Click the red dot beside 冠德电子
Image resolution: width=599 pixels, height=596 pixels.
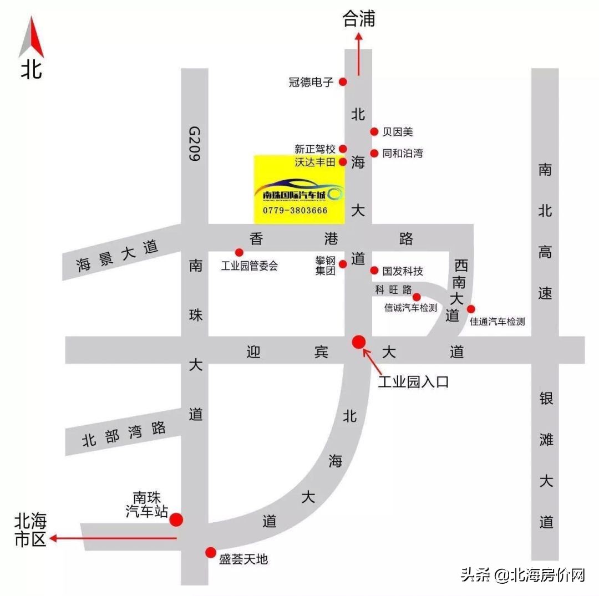(343, 81)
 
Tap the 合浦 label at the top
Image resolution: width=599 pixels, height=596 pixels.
(359, 19)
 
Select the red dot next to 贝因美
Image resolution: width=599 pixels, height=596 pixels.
(374, 131)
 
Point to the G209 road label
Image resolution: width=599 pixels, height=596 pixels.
(194, 143)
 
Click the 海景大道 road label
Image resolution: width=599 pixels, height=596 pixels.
(118, 256)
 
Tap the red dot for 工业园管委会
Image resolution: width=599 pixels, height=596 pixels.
(239, 252)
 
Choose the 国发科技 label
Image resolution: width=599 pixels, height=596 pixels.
(403, 271)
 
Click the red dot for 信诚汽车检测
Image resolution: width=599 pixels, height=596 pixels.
(417, 297)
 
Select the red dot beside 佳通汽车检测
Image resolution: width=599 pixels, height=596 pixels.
(471, 309)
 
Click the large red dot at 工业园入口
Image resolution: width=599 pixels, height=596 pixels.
(359, 342)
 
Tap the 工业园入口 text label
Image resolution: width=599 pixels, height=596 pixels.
(413, 382)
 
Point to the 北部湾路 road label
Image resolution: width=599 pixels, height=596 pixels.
(124, 434)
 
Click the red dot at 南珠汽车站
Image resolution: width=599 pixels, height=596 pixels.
(176, 519)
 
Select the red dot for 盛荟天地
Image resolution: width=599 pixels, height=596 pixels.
(211, 552)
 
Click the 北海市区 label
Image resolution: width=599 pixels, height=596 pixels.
(31, 531)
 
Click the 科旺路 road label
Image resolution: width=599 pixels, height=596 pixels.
(393, 290)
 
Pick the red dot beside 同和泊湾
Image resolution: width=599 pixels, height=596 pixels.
(374, 153)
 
